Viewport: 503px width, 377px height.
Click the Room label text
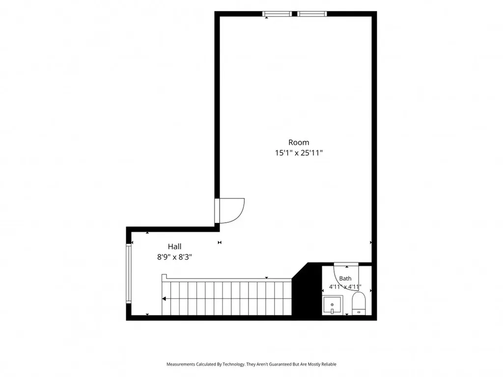[299, 142]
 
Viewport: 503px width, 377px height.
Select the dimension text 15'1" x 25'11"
[299, 153]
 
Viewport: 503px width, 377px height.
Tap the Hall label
[174, 246]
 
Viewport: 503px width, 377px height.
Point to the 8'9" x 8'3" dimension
[174, 257]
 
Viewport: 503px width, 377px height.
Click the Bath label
[345, 279]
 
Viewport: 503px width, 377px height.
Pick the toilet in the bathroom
[359, 303]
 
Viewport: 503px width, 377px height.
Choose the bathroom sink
[333, 305]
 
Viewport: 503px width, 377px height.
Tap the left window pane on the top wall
[277, 14]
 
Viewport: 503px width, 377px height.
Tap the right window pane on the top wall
[312, 14]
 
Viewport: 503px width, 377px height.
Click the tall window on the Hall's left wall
[129, 273]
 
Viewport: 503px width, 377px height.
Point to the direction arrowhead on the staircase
[164, 299]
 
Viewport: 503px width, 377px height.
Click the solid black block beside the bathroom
[307, 290]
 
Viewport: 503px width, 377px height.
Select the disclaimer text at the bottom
[251, 364]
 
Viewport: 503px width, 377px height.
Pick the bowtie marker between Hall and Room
[220, 242]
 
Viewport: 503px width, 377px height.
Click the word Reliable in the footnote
[329, 364]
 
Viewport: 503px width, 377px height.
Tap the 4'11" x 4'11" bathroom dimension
[345, 287]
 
